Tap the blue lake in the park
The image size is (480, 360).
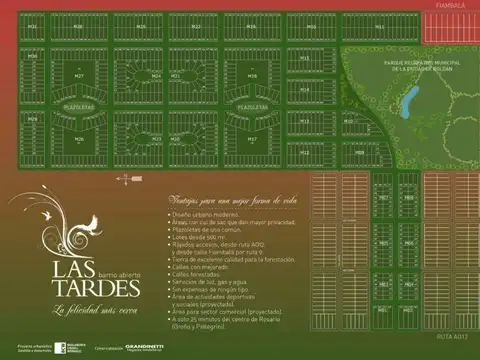(409, 98)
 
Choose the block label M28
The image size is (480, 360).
(252, 75)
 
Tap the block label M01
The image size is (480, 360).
(381, 198)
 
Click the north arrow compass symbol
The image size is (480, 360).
(123, 178)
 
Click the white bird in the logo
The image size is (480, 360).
(92, 220)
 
